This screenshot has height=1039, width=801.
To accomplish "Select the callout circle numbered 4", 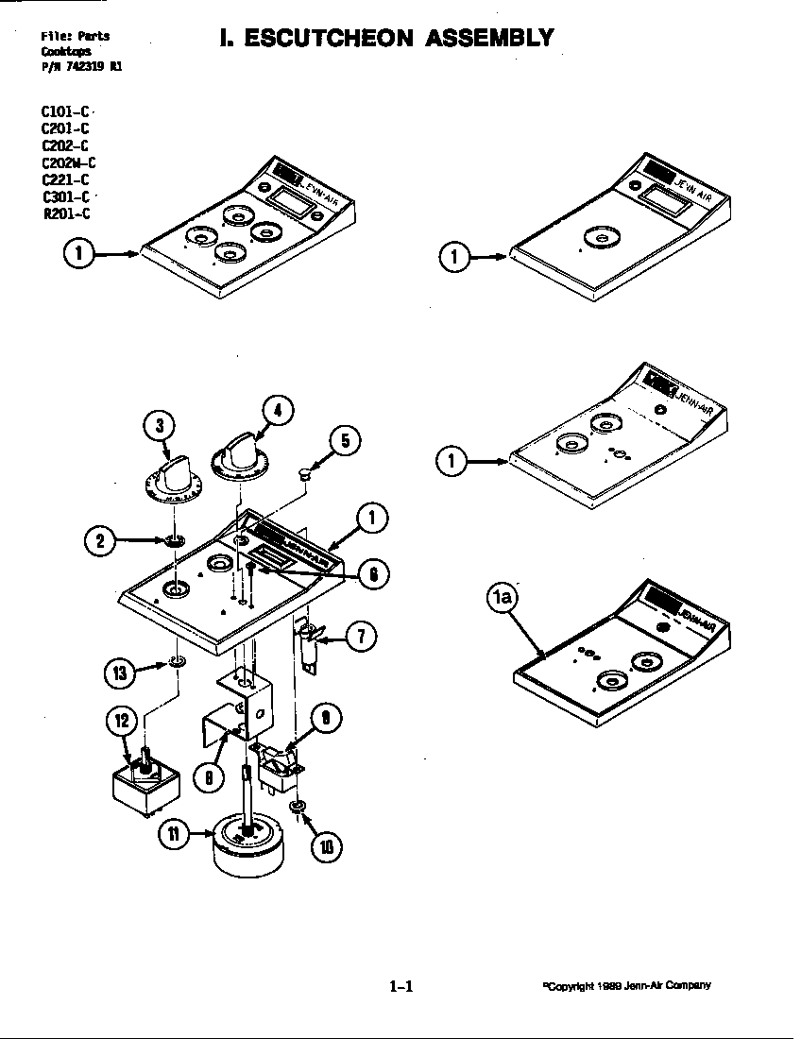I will [276, 411].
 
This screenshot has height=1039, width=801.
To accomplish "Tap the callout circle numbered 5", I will [345, 440].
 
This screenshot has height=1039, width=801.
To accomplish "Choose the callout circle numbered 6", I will [374, 574].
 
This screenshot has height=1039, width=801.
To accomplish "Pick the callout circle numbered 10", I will [326, 845].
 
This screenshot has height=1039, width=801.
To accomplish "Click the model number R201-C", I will [65, 213].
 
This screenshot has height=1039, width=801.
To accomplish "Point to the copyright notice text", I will [626, 985].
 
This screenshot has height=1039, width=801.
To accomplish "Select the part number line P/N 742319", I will [80, 66].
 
